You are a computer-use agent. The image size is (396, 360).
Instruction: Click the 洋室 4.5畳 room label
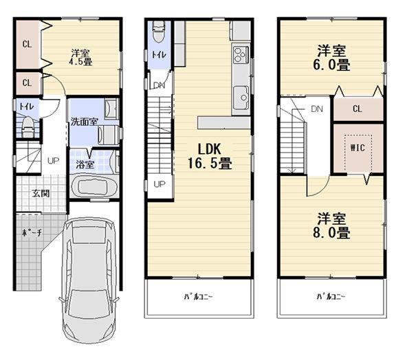(x=81, y=56)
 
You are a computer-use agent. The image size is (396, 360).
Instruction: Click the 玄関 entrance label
(x=40, y=193)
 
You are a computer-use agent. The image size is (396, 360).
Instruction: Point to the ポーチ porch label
(x=35, y=233)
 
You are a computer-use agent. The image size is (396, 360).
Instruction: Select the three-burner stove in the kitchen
(x=241, y=54)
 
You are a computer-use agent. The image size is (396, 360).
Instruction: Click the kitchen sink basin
(x=241, y=95)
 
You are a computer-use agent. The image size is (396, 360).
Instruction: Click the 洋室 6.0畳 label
(x=331, y=57)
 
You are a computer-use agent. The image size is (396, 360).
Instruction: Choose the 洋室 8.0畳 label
(x=331, y=225)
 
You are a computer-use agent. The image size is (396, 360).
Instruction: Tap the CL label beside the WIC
(x=357, y=109)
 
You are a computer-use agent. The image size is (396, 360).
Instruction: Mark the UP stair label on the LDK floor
(x=158, y=184)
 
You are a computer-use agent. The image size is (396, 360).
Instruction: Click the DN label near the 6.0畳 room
(x=316, y=109)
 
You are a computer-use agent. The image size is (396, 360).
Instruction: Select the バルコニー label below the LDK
(x=197, y=297)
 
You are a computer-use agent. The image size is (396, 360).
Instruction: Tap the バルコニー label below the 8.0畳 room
(x=331, y=297)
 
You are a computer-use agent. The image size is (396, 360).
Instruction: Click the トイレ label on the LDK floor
(x=157, y=56)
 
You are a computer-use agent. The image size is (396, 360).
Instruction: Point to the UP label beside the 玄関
(x=53, y=161)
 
